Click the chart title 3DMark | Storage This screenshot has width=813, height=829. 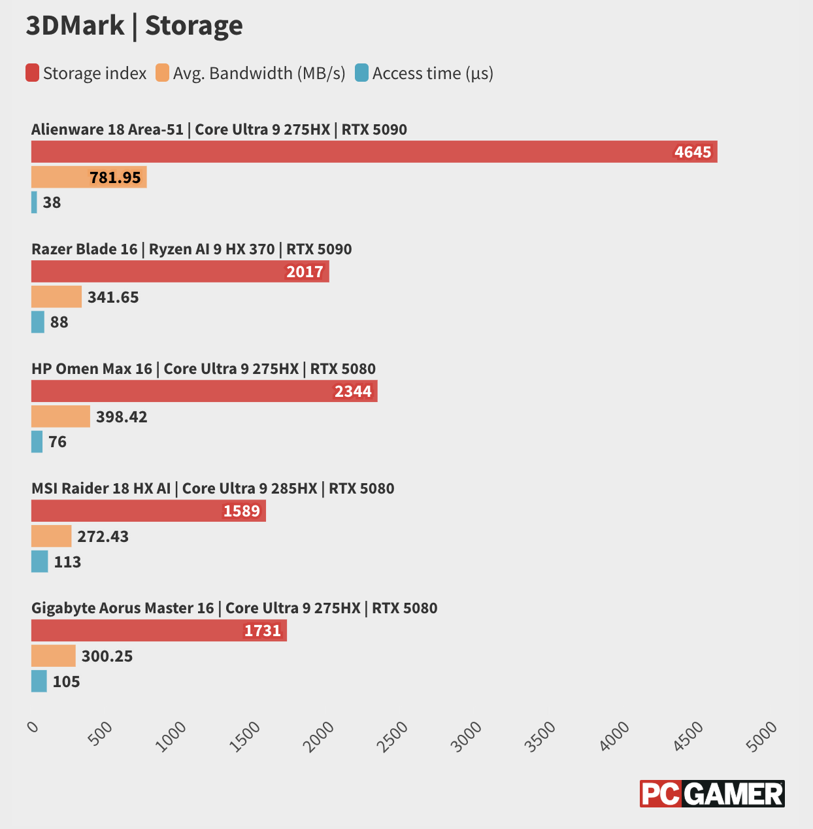tap(134, 26)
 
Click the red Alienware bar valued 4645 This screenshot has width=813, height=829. tap(374, 152)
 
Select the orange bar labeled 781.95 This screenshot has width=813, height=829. tap(89, 177)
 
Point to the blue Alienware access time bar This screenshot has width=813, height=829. tap(34, 202)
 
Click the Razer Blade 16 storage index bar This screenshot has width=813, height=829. tap(180, 271)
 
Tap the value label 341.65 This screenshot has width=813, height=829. tap(113, 297)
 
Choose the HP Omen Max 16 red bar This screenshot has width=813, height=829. tap(204, 391)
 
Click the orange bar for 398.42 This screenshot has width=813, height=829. tap(61, 416)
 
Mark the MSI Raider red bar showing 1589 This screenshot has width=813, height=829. tap(148, 511)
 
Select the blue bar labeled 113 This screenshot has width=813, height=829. tap(39, 562)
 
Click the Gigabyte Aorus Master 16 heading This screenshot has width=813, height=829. tap(234, 608)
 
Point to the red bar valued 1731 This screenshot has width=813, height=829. tap(159, 630)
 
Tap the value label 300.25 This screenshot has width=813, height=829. tap(107, 656)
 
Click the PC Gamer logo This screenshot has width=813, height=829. tap(712, 794)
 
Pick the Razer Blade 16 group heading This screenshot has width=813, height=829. tap(191, 249)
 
